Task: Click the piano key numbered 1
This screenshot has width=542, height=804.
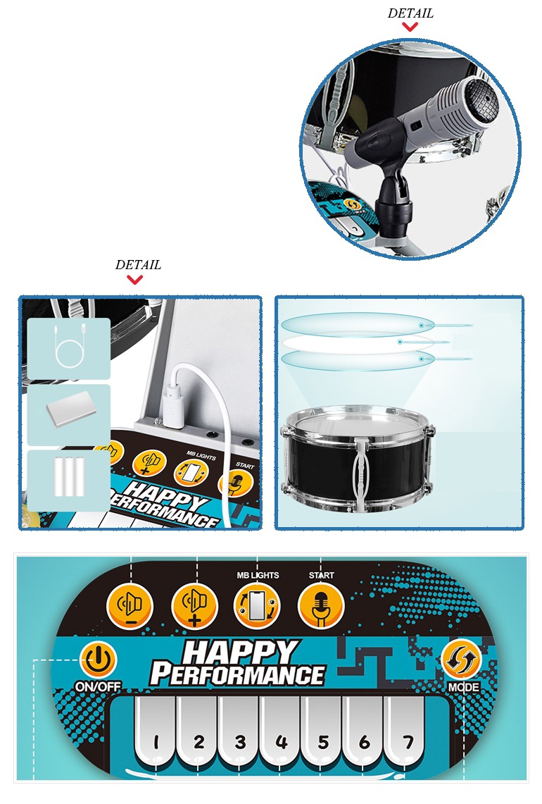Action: pos(156,734)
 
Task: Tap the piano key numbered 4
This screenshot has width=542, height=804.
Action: pos(280,734)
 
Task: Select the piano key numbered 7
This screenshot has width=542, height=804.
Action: pos(405,734)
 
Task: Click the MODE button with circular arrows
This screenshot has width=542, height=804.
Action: pos(462,660)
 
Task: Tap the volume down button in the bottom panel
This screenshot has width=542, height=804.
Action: pos(130,606)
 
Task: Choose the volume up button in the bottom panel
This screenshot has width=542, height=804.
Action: pos(194,606)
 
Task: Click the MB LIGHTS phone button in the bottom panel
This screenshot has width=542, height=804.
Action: pos(257,606)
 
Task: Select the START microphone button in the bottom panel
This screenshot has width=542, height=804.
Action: pos(321,606)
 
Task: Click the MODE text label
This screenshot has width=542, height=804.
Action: pos(464,687)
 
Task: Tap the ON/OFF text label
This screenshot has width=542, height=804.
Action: pos(98,686)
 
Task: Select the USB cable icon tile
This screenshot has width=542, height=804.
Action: pos(69,348)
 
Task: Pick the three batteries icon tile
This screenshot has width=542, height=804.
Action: pos(69,481)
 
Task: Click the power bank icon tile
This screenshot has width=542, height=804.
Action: pos(69,415)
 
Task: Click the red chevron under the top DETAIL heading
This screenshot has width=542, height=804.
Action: pos(410,27)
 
